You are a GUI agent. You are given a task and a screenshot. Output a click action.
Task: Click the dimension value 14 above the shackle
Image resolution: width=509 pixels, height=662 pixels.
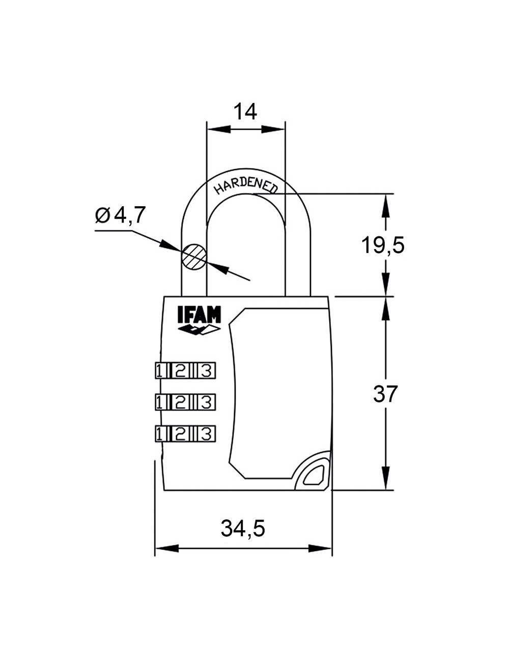245,111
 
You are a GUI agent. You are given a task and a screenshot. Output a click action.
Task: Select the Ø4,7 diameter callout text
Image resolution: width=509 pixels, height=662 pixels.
121,215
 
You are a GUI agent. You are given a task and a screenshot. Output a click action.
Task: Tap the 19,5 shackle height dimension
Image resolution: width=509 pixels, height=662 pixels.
383,245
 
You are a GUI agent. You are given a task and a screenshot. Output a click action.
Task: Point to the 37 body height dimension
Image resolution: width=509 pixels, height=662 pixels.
385,394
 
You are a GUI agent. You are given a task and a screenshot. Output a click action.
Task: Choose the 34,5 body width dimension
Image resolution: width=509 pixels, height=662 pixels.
243,529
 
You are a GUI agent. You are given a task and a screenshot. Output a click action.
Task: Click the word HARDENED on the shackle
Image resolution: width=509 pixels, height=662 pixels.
246,185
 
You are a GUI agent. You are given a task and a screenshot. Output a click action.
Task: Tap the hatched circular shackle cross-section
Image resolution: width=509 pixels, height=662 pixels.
194,256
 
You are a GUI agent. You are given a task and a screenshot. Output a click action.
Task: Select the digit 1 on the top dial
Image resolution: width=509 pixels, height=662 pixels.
160,371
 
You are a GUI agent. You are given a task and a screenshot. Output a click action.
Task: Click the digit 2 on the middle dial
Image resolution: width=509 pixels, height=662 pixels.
180,402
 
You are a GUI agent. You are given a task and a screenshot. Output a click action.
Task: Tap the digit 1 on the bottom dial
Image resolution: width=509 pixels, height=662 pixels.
160,434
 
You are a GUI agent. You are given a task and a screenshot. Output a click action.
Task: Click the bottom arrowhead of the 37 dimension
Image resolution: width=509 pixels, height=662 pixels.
386,479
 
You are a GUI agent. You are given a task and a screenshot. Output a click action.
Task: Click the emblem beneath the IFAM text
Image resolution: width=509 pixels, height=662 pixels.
199,330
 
